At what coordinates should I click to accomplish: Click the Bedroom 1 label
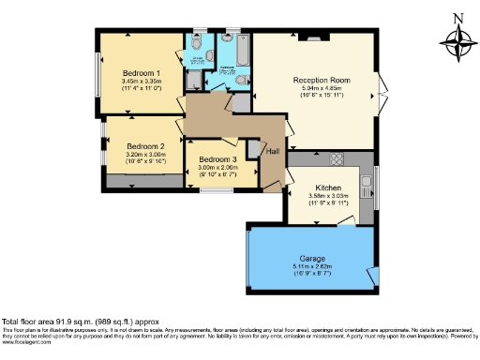[x=142, y=73]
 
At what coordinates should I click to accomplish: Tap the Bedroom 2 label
[x=145, y=146]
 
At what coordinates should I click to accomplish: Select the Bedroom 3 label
[x=217, y=159]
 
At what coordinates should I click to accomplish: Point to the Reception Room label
[x=320, y=81]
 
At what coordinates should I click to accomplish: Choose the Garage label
[x=311, y=257]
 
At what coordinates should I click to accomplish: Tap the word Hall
[x=273, y=151]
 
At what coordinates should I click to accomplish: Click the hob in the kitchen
[x=335, y=157]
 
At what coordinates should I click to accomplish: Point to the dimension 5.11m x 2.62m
[x=311, y=265]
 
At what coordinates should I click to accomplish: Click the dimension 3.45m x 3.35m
[x=142, y=82]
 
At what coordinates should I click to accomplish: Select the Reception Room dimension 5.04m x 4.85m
[x=320, y=89]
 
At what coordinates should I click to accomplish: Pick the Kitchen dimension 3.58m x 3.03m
[x=328, y=197]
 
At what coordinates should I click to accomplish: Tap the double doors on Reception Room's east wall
[x=381, y=94]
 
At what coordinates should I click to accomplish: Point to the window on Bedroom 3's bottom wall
[x=217, y=189]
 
